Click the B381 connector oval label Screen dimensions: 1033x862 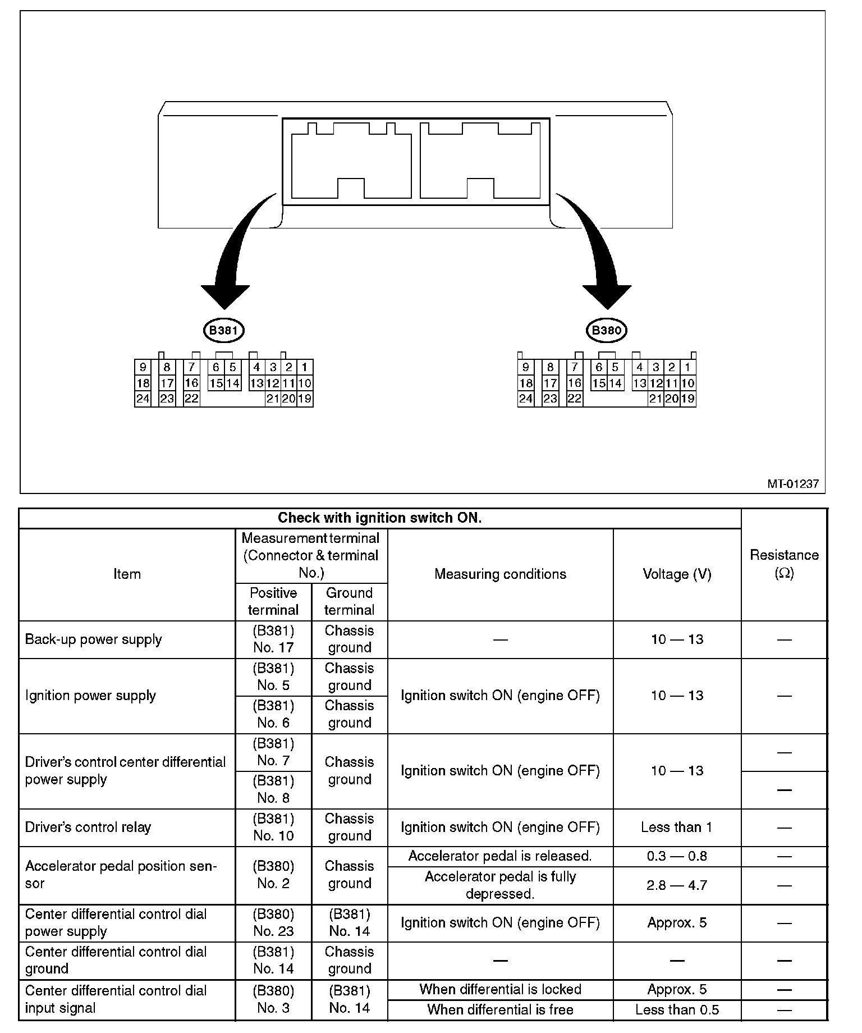point(223,330)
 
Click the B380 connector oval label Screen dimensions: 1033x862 point(606,330)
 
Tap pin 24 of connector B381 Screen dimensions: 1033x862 point(143,399)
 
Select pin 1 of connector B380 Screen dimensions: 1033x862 point(687,367)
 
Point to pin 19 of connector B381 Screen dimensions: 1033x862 point(305,399)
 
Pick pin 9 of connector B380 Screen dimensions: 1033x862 point(525,367)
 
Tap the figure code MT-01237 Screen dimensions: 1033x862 point(793,483)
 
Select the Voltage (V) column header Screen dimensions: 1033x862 point(677,574)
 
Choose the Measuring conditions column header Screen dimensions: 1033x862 point(500,574)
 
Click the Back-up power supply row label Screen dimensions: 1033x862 point(94,639)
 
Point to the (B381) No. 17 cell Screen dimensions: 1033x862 point(273,639)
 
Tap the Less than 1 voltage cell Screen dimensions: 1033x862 point(677,827)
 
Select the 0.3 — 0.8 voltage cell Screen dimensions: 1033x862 point(677,856)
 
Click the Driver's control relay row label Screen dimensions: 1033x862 point(88,827)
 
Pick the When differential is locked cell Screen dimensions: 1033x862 point(500,989)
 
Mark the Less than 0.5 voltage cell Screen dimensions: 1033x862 point(677,1010)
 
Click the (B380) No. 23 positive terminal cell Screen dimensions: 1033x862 point(273,922)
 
